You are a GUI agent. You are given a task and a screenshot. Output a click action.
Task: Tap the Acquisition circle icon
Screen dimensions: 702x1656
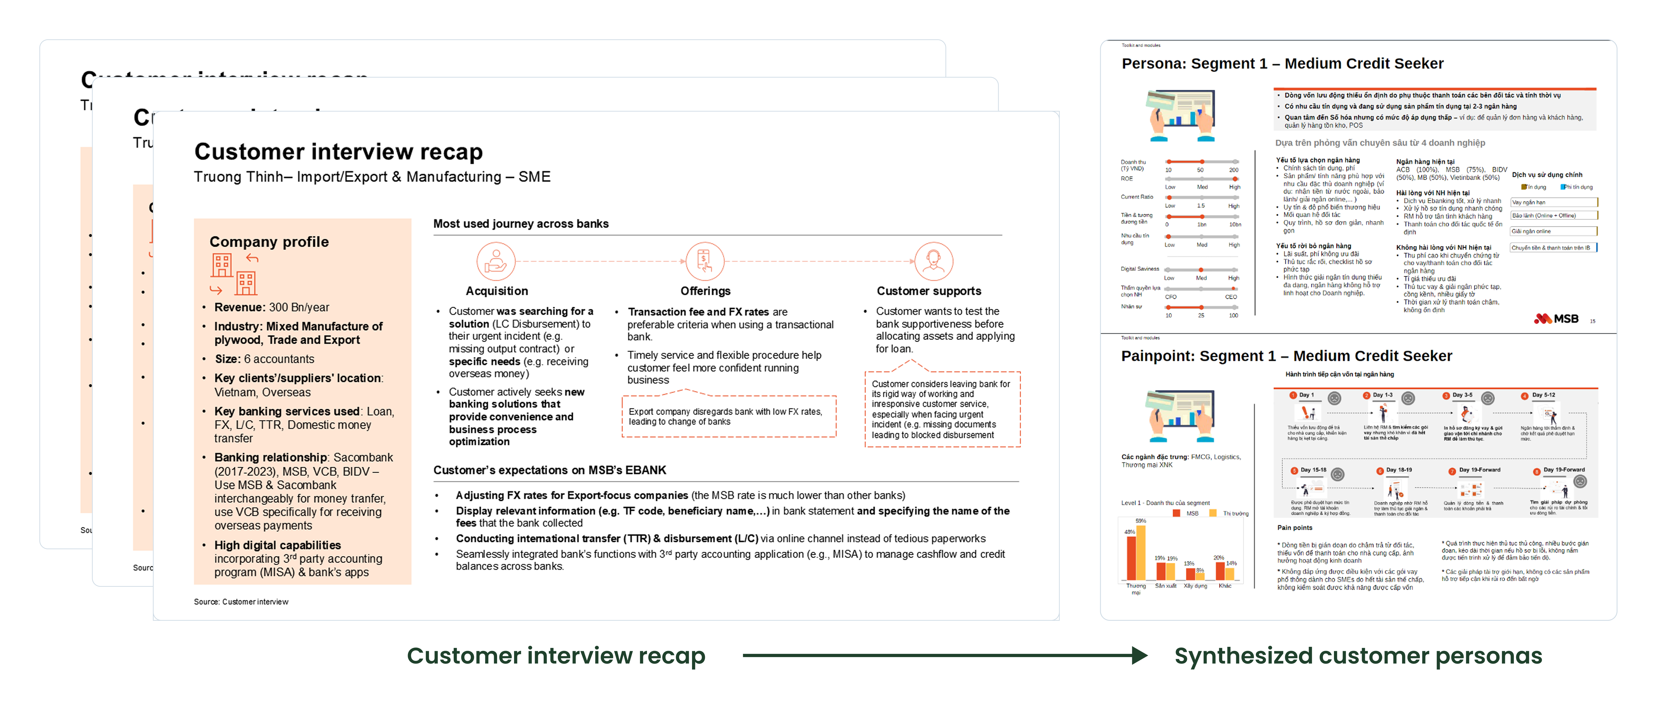(496, 261)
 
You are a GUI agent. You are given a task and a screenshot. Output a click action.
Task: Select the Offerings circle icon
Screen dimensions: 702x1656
(705, 261)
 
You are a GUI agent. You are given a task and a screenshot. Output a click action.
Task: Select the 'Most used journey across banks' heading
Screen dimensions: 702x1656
(521, 224)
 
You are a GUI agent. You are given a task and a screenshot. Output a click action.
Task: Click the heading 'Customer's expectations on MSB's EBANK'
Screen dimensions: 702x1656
(550, 470)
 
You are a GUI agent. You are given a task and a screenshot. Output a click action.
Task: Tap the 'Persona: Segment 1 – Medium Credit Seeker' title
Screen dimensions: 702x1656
(1283, 64)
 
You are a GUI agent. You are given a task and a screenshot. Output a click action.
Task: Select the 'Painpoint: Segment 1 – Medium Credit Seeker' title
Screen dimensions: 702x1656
(1286, 356)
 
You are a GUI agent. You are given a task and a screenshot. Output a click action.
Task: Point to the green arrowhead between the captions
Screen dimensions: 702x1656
(1139, 656)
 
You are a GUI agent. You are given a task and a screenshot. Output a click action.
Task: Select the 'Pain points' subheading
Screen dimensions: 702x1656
(1294, 528)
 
